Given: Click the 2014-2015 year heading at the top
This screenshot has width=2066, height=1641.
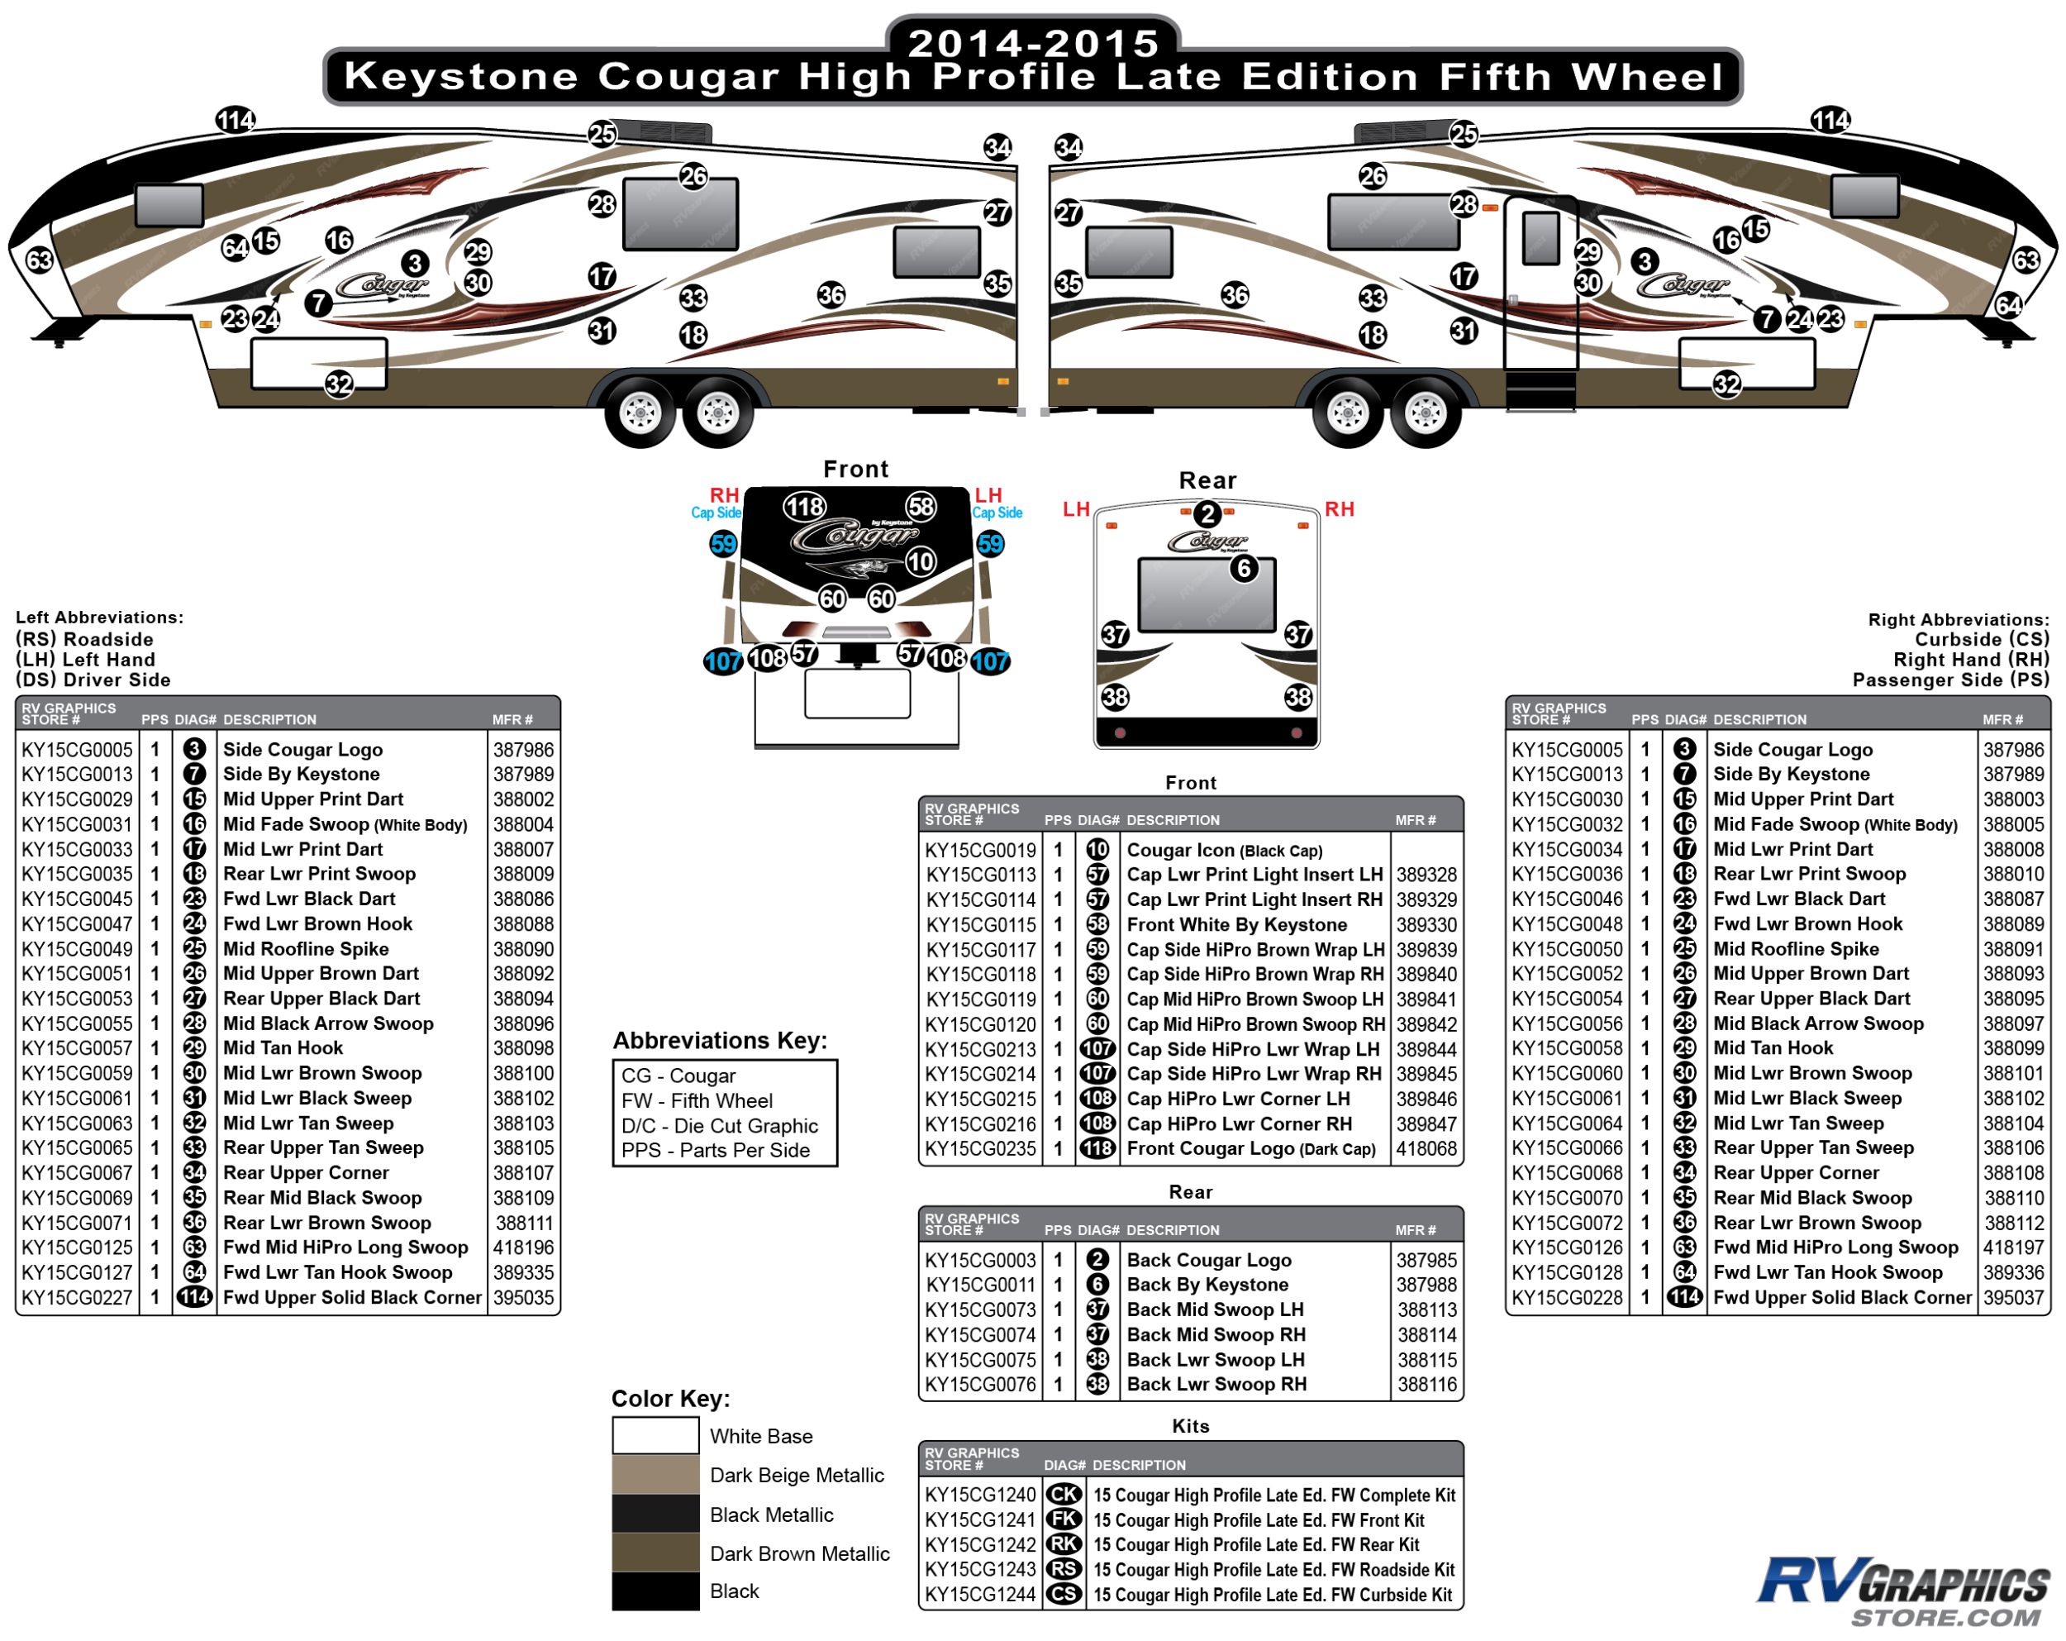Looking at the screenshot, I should click(x=1033, y=42).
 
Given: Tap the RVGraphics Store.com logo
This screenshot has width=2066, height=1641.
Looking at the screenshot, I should click(x=1902, y=1591).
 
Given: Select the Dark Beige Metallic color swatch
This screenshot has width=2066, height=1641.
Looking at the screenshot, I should click(x=655, y=1474).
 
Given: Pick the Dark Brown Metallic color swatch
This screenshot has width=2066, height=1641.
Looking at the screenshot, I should click(x=655, y=1552).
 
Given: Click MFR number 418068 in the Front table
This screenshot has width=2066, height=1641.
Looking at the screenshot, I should click(x=1426, y=1148).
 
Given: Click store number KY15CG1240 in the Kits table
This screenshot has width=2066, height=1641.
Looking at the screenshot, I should click(x=979, y=1495).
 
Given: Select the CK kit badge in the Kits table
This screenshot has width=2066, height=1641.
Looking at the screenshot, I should click(x=1064, y=1495).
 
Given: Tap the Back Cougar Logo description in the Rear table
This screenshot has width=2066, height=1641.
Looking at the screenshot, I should click(x=1208, y=1260).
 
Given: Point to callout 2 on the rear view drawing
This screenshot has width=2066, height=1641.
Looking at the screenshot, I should click(x=1207, y=515).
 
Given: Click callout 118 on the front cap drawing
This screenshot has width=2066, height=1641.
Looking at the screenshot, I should click(x=804, y=506).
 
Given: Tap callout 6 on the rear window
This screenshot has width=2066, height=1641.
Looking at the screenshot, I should click(x=1244, y=569).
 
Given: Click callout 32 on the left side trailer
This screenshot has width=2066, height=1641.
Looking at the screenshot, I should click(x=339, y=384).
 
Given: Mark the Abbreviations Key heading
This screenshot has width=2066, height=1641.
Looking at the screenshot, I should click(x=720, y=1040).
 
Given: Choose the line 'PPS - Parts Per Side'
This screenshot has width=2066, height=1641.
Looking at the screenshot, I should click(x=715, y=1150).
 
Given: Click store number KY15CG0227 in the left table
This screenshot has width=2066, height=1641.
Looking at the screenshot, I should click(x=77, y=1297).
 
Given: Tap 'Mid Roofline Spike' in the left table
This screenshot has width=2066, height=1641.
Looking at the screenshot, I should click(x=306, y=949).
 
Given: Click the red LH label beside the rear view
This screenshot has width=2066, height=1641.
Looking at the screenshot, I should click(x=1076, y=509).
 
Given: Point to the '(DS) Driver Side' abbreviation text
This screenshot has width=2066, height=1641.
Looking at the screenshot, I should click(x=93, y=680).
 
